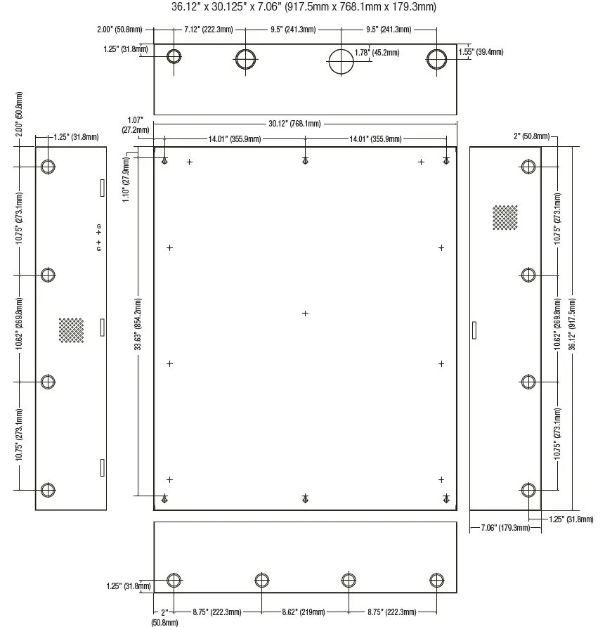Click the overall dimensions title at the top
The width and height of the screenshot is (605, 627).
pos(304,8)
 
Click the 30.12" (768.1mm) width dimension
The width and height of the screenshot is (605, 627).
pos(294,124)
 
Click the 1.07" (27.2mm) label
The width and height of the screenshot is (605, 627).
pos(136,125)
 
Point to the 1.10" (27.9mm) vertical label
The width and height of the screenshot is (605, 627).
pos(126,180)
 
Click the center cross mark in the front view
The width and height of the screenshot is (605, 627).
pos(305,313)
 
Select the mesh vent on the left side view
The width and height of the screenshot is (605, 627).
pos(71,330)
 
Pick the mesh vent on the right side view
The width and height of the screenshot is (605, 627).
pos(505,217)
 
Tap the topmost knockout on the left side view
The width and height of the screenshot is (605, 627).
pos(48,167)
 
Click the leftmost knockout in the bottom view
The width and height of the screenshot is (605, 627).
pos(174,580)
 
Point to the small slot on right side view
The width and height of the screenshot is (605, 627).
pos(474,330)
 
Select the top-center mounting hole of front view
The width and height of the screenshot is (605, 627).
pos(305,161)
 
